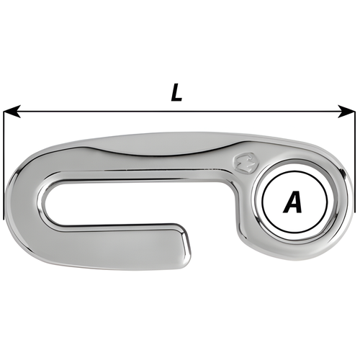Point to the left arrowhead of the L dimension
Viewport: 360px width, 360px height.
click(9, 112)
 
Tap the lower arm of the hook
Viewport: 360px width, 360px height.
click(115, 248)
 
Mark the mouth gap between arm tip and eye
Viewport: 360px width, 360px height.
click(216, 230)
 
